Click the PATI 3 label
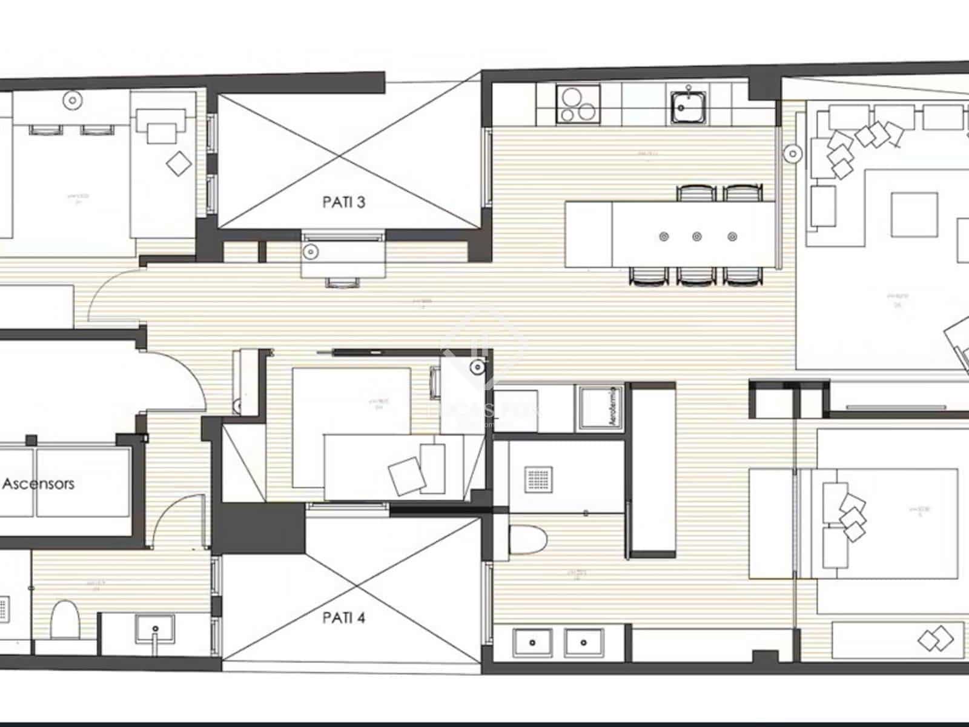(343, 202)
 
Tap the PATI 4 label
(343, 618)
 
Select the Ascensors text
(39, 483)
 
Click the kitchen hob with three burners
(578, 104)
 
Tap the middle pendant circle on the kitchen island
(697, 236)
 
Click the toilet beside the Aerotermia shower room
(528, 539)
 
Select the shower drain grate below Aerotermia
(537, 480)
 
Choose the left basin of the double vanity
(532, 643)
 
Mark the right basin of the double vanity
(584, 643)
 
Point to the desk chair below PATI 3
(343, 281)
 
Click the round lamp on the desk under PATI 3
(311, 250)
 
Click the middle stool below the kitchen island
(697, 276)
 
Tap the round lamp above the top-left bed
(73, 99)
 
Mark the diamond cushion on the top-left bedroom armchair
(179, 162)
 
